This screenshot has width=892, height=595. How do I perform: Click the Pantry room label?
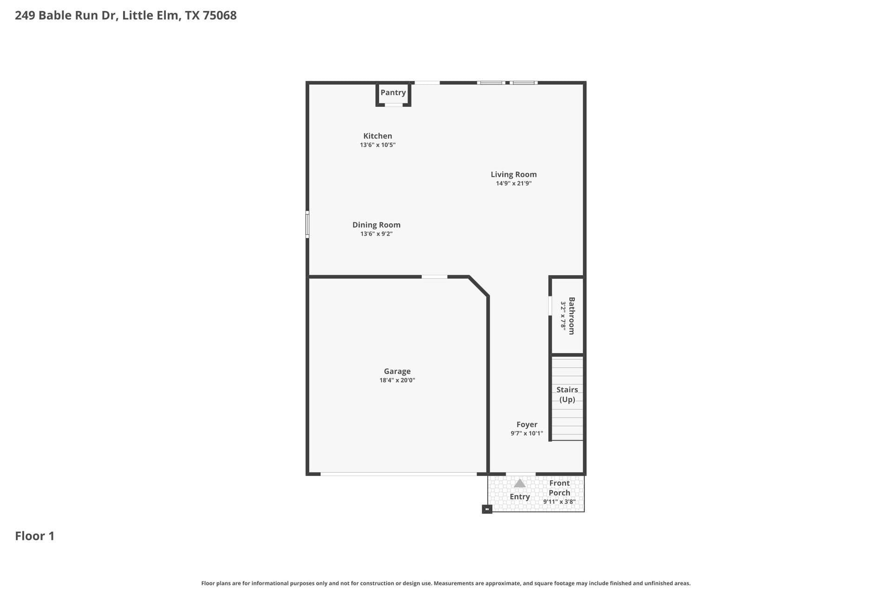click(393, 93)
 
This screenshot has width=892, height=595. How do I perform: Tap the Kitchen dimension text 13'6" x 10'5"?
click(378, 145)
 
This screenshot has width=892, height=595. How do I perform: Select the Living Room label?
click(514, 174)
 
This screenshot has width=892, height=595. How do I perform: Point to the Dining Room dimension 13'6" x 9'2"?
click(376, 234)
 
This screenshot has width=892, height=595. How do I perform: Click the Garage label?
click(397, 371)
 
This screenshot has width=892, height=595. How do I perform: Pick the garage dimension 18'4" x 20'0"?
click(397, 380)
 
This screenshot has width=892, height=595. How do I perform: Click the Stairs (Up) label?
click(567, 395)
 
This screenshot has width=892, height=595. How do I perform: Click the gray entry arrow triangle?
click(520, 483)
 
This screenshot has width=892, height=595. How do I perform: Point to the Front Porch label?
click(559, 488)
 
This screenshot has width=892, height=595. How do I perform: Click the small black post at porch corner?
click(487, 509)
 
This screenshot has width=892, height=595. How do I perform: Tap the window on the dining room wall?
click(307, 225)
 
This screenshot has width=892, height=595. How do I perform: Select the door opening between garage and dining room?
click(434, 277)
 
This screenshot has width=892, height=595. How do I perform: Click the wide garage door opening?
click(399, 474)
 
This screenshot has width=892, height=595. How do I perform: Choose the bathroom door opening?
click(550, 306)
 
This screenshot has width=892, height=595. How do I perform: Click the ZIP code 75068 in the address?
click(220, 15)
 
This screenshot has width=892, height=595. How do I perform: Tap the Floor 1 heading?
click(35, 536)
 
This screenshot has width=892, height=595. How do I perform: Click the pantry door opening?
click(394, 105)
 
